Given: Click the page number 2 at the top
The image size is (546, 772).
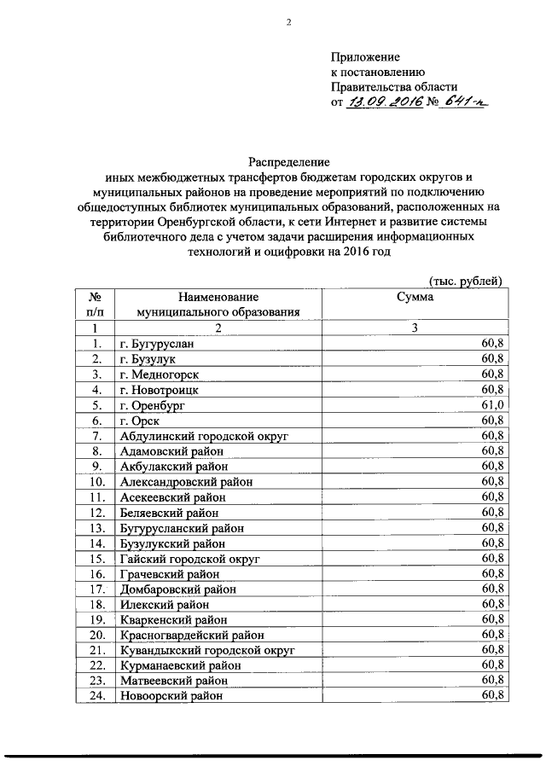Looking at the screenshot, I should pos(289,22).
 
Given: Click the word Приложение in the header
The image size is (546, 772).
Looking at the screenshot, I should pos(365,56).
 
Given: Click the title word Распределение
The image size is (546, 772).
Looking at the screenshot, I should pos(288,160).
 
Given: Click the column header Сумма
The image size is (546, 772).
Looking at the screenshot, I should pos(414,297).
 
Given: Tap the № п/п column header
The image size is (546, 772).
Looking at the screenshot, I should pos(96,305).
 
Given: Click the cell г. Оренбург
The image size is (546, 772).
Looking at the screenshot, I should pos(152,405).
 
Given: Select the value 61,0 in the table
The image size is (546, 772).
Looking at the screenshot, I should pos(494,404).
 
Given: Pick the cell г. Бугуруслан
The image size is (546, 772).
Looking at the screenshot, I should pos(157,344).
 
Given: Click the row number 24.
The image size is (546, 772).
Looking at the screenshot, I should pos(96,696).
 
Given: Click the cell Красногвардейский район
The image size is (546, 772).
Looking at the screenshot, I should pos(186,636).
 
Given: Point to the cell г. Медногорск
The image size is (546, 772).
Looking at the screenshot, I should pos(158,374).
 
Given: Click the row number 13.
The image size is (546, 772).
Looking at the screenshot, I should pos(96,528).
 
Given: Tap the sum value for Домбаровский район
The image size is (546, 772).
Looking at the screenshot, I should pos(494,589).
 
